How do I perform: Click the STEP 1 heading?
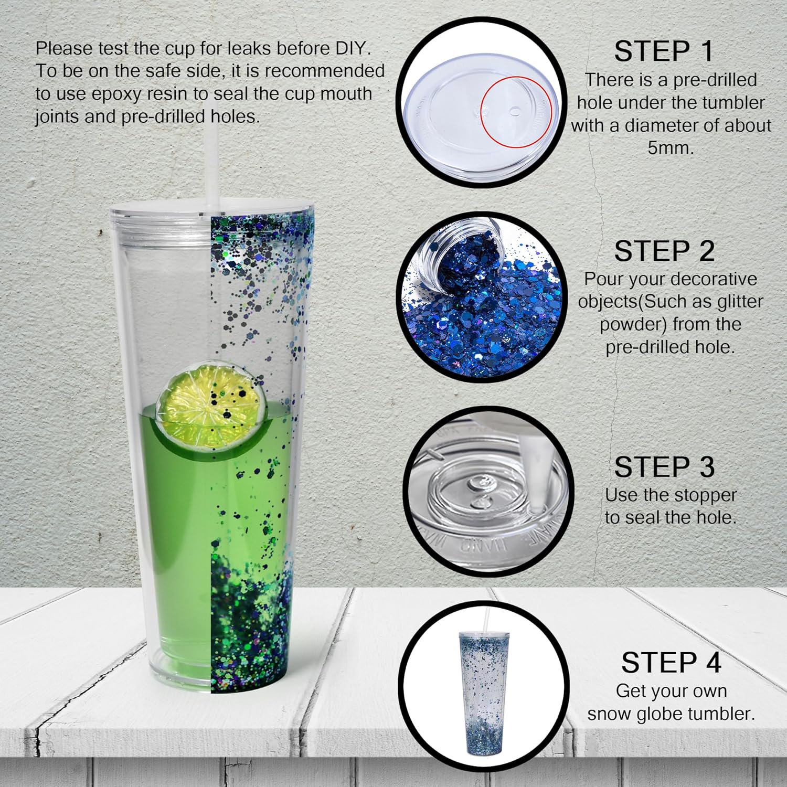point(664,51)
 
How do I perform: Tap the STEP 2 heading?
point(664,251)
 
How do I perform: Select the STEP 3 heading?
point(664,467)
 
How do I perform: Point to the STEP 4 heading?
point(671,663)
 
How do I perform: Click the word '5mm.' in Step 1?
point(670,148)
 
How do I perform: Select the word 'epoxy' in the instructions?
point(117,94)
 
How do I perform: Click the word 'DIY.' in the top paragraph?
point(353,48)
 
